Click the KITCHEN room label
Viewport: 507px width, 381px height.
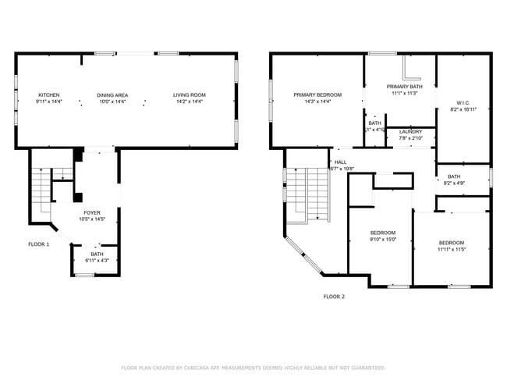pyautogui.click(x=49, y=95)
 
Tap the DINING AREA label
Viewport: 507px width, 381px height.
pyautogui.click(x=112, y=95)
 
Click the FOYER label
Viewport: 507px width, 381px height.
pyautogui.click(x=92, y=212)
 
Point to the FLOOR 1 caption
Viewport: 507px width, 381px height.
pyautogui.click(x=38, y=244)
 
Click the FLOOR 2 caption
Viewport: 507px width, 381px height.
pyautogui.click(x=334, y=297)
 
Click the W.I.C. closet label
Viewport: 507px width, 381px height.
pyautogui.click(x=463, y=103)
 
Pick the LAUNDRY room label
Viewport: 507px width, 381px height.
pyautogui.click(x=410, y=132)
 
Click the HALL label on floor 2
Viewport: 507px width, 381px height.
pyautogui.click(x=341, y=162)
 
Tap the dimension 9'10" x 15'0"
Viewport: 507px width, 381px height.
pyautogui.click(x=383, y=240)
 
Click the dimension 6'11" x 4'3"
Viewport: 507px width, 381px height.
pyautogui.click(x=97, y=260)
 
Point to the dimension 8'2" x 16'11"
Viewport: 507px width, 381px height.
pyautogui.click(x=463, y=110)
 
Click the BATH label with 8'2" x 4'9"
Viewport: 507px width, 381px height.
pyautogui.click(x=454, y=176)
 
